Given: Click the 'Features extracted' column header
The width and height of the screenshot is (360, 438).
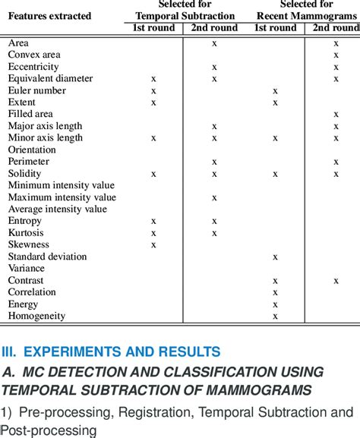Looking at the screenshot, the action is point(49,15).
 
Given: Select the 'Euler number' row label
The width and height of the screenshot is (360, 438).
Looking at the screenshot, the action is point(36,90).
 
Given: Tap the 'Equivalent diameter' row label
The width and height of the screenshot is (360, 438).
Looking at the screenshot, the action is point(50,78).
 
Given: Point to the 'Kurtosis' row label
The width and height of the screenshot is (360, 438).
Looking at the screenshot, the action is point(26,232).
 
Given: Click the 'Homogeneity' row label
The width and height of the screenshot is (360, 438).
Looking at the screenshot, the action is point(36,316).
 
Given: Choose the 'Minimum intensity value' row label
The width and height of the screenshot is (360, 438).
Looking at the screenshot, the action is point(62,185).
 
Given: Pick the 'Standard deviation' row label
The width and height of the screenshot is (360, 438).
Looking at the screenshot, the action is point(47,257).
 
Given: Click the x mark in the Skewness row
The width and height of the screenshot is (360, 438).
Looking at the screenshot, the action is point(153,244).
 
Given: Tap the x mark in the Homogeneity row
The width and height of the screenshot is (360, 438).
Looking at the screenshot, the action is point(275,316).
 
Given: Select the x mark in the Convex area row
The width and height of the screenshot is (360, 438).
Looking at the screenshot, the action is point(336,55).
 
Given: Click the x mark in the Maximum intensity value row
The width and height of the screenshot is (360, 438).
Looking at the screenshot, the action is point(214,197).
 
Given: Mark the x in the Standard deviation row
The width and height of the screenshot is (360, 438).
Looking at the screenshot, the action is point(275,257).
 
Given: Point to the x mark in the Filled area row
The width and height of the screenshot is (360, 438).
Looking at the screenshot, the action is point(336,114).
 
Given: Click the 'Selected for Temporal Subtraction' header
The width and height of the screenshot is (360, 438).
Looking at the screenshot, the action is point(185,10).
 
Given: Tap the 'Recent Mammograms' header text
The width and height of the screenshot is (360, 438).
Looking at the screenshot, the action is point(307,16).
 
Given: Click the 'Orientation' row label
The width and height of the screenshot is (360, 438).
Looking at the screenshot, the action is point(32,150).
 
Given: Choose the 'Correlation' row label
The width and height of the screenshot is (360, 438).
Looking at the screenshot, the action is point(32,292).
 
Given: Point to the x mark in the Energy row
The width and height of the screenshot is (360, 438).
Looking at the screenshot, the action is point(275,304).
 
